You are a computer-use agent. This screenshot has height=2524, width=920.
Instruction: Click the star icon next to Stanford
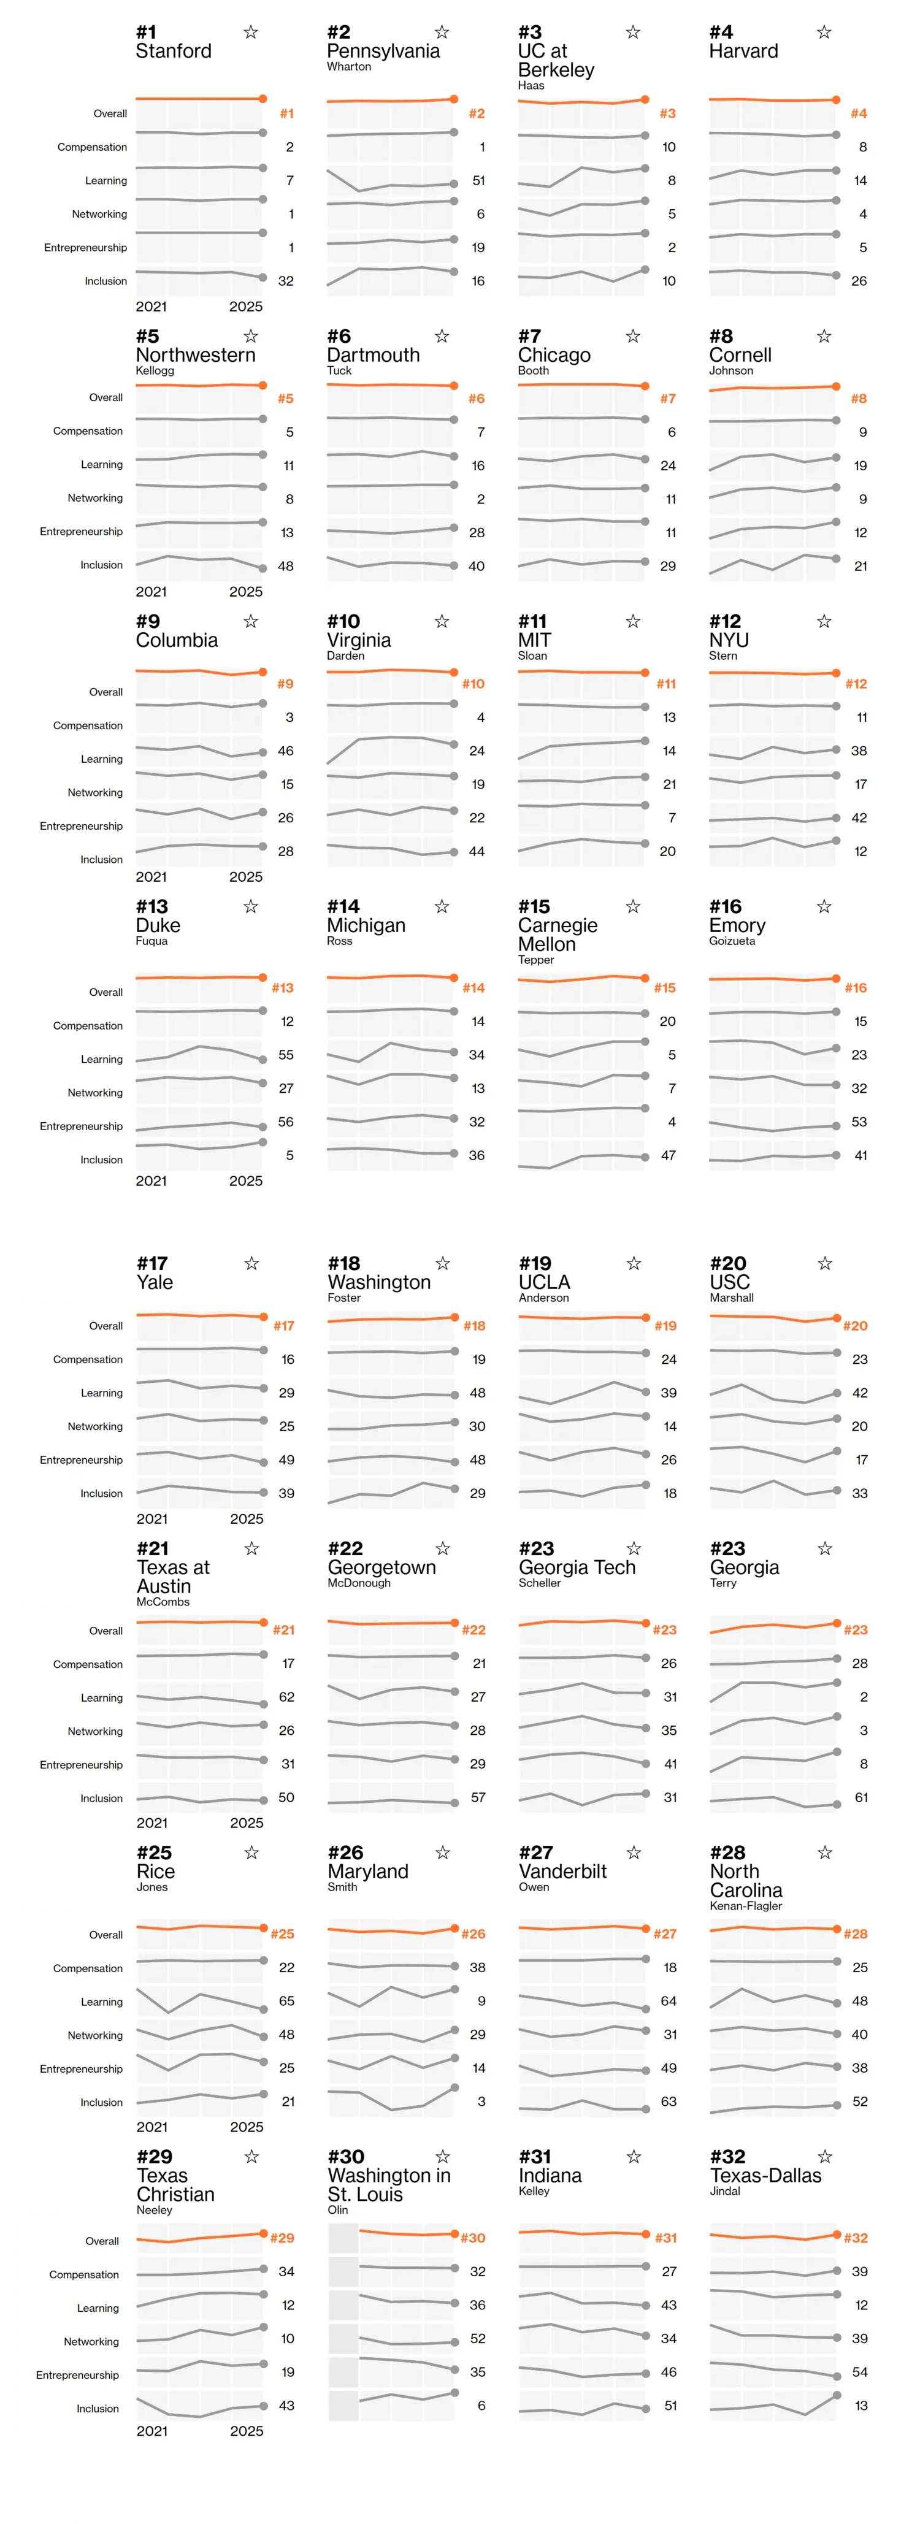coord(251,33)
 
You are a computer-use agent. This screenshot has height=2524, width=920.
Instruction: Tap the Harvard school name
coord(743,51)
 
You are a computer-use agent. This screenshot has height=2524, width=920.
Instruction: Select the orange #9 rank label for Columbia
coord(285,684)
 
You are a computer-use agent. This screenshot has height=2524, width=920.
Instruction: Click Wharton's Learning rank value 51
coord(478,180)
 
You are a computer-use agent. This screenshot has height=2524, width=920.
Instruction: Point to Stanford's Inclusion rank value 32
coord(286,281)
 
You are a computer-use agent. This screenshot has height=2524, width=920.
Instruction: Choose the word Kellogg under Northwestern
coord(155,370)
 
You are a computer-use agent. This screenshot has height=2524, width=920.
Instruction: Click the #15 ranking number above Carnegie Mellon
coord(534,906)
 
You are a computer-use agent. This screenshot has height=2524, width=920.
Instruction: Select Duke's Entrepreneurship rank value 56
coord(286,1122)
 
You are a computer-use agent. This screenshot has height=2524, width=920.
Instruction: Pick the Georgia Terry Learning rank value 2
coord(863,1697)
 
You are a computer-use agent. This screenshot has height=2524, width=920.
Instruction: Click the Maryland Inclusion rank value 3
coord(481,2101)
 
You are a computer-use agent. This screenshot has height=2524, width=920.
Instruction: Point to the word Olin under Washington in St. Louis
coord(338,2209)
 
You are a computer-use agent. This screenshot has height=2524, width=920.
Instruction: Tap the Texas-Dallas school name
coord(765,2175)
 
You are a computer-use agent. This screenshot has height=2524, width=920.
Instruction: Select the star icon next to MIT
coord(633,621)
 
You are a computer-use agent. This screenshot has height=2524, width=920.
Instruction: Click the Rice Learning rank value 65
coord(286,2001)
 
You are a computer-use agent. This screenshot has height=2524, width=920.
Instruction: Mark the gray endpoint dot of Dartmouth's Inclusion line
coord(454,565)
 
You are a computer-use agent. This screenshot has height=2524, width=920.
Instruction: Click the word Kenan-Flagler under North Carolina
coord(746,1906)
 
